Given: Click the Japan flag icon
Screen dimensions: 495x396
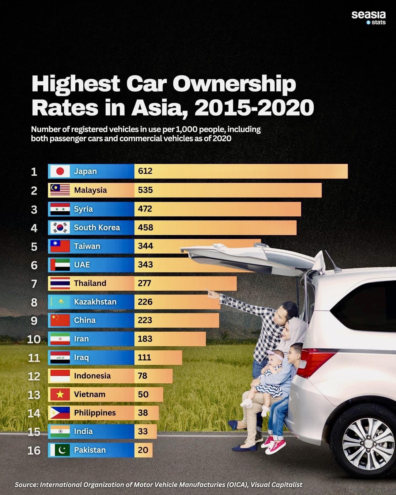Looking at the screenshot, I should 60,171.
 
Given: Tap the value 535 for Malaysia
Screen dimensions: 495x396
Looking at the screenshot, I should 145,190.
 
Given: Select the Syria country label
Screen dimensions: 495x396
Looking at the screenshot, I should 83,209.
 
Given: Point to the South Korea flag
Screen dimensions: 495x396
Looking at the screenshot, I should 60,228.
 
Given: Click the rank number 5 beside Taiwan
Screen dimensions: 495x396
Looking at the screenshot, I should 34,247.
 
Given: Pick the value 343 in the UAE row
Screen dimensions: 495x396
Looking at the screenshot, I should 145,265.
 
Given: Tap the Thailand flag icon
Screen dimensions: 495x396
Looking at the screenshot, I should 60,283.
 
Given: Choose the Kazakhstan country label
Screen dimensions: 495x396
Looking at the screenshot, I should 95,302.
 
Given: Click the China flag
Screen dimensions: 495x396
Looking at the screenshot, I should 60,320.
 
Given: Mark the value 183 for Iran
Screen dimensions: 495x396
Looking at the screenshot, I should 145,339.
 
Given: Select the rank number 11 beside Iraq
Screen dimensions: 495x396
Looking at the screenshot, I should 34,358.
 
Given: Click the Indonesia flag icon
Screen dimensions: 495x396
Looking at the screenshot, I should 60,376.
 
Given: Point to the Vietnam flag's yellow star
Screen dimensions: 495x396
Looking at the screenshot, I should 60,395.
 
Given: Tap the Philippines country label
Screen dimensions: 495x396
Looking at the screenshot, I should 95,413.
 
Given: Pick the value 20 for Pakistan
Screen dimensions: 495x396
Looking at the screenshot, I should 143,450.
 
